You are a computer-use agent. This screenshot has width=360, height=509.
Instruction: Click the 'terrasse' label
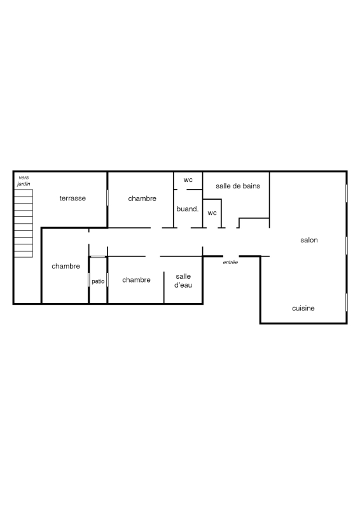pos(73,198)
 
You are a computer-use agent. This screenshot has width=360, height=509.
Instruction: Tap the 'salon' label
pos(309,240)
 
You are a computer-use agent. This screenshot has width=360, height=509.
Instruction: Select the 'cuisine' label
pos(303,308)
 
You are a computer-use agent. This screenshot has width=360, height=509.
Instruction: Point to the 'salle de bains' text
pos(238,186)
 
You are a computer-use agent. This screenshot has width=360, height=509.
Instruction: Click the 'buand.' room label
pos(187,209)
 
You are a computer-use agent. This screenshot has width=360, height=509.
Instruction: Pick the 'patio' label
pos(98,281)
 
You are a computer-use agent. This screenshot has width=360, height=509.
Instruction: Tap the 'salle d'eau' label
pos(183,281)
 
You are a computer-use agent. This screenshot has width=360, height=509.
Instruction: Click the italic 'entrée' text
pos(230,262)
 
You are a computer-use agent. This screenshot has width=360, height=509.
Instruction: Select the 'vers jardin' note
pos(24,181)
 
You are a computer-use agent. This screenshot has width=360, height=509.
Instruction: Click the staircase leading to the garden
pos(24,223)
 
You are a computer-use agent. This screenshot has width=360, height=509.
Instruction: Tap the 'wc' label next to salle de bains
pos(212,213)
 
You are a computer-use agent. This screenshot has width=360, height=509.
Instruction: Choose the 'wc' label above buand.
pos(188,180)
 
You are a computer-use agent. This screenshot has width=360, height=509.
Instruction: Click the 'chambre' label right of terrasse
pos(142,199)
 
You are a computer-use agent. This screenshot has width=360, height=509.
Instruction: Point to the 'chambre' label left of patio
pos(66,266)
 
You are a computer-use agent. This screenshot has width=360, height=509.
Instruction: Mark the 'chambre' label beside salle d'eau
pos(136,280)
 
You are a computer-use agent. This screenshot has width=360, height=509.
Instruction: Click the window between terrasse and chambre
pos(107,197)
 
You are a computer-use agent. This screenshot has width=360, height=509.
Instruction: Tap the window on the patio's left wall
pos(89,279)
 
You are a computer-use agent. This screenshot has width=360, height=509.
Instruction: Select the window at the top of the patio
pos(98,257)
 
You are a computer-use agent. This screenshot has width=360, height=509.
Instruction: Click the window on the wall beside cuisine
pos(347,302)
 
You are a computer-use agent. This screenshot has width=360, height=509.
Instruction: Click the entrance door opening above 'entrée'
pos(231,256)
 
